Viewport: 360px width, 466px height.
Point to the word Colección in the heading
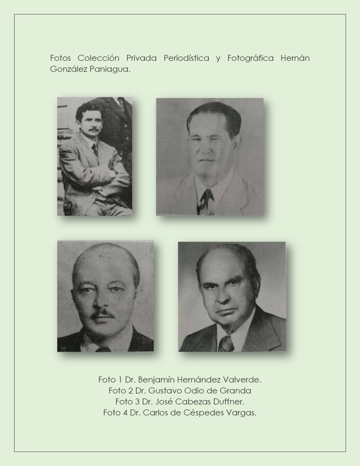pyautogui.click(x=98, y=58)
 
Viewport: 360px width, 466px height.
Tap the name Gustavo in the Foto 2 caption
pyautogui.click(x=164, y=391)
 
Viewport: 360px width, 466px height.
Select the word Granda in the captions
pyautogui.click(x=236, y=391)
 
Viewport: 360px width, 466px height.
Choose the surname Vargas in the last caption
pyautogui.click(x=242, y=413)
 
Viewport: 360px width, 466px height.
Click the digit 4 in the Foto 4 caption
pyautogui.click(x=125, y=413)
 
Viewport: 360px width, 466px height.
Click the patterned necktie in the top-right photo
pyautogui.click(x=206, y=201)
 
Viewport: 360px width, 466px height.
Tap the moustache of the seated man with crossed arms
pyautogui.click(x=94, y=129)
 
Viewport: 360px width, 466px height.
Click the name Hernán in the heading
pyautogui.click(x=295, y=58)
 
